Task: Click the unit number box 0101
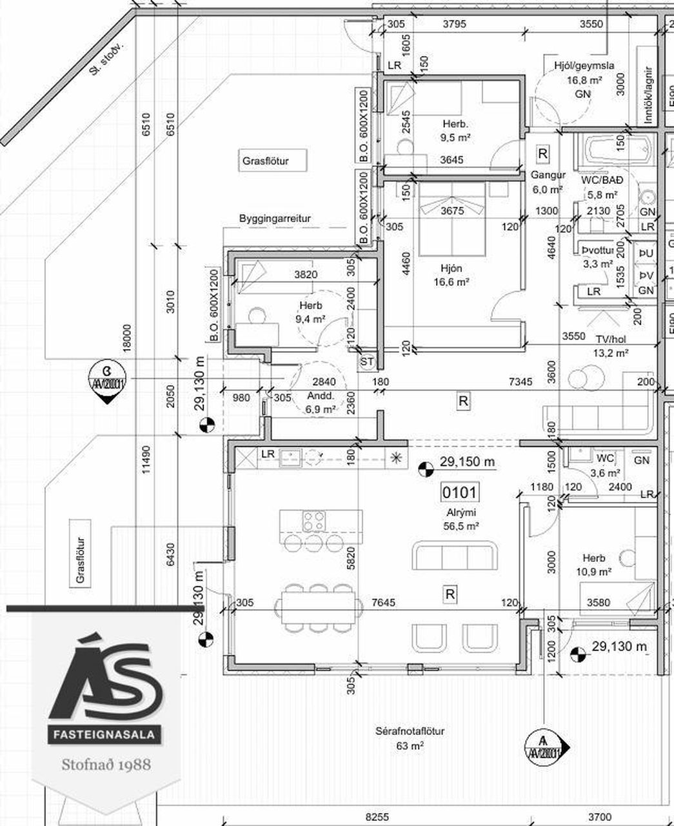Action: click(459, 493)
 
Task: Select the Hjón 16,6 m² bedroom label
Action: click(451, 275)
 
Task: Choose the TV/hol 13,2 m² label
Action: click(610, 345)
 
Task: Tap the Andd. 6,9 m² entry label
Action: click(321, 403)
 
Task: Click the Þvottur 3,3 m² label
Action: click(597, 256)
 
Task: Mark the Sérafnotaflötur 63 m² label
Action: click(410, 738)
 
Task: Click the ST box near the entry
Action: click(367, 361)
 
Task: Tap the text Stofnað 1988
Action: click(106, 764)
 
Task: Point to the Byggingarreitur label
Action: click(275, 218)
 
